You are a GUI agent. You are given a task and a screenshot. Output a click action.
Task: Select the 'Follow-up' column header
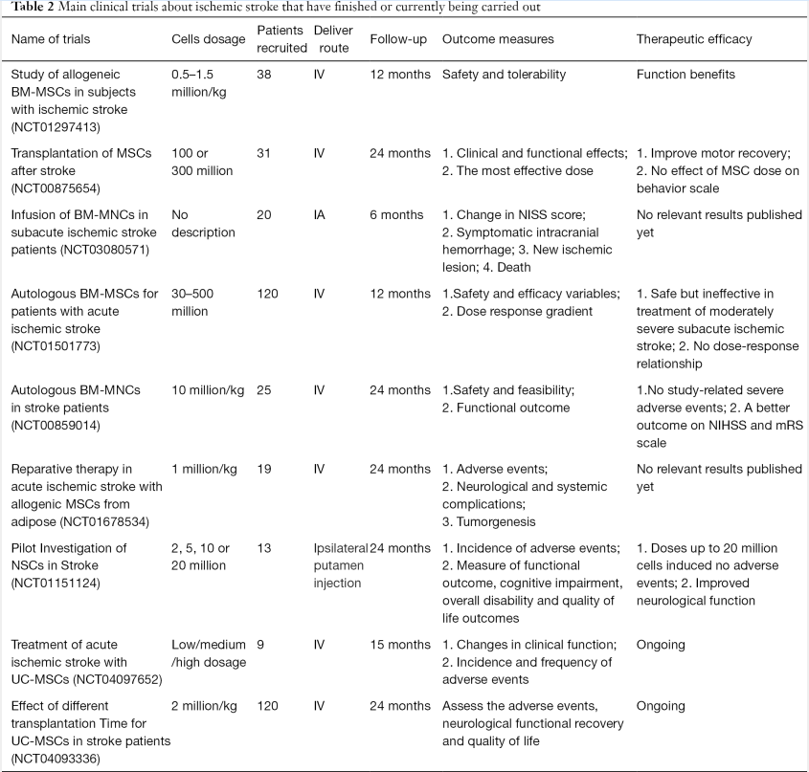coord(399,39)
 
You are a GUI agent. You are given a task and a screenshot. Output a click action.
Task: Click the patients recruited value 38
coord(265,75)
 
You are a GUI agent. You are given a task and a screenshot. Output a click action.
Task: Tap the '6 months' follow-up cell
coord(399,215)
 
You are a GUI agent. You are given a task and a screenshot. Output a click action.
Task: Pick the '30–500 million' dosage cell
coord(197,302)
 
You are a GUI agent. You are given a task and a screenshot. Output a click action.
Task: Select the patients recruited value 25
coord(265,390)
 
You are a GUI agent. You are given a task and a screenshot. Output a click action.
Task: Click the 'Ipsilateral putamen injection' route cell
coord(340,565)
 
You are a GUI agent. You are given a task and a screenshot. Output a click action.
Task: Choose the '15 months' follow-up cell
coord(400,645)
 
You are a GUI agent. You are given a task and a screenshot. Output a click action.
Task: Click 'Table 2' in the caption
coord(32,9)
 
